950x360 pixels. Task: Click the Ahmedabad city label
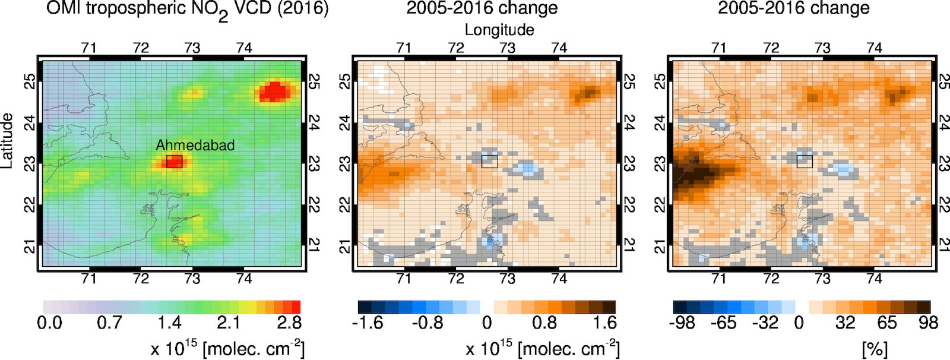[195, 145]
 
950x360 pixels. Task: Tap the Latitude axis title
[8, 140]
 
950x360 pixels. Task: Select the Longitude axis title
[499, 30]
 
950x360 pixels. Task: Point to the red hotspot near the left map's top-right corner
[275, 92]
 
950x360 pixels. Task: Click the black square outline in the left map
[174, 161]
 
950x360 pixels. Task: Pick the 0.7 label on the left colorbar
[109, 323]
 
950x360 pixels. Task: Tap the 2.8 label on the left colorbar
[289, 323]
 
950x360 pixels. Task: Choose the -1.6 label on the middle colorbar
[368, 323]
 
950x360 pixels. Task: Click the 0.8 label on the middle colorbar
[544, 323]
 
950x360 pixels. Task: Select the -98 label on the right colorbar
[682, 323]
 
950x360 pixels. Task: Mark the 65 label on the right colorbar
[886, 323]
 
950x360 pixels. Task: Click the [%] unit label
[874, 349]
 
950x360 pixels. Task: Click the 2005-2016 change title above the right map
[793, 8]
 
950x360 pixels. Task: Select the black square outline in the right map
[804, 161]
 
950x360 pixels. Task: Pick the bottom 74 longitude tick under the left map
[243, 278]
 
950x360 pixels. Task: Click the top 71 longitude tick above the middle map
[404, 48]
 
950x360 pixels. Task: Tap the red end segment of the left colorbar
[296, 307]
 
